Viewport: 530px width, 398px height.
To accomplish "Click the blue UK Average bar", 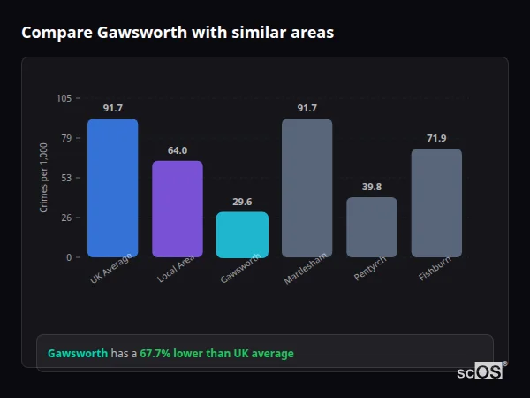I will click(x=112, y=188).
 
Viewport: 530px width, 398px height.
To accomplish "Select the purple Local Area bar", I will click(x=177, y=209).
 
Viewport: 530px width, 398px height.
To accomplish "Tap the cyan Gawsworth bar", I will click(x=242, y=234).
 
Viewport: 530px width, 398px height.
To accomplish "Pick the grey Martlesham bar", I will click(x=307, y=188).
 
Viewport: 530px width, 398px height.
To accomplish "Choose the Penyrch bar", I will click(x=371, y=227).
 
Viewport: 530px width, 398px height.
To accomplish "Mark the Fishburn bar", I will click(x=436, y=203).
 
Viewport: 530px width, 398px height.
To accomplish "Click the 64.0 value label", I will click(x=178, y=150).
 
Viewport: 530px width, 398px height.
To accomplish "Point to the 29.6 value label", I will click(x=242, y=202).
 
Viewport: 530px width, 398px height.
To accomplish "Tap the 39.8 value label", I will click(x=372, y=187).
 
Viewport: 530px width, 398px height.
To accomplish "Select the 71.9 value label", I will click(x=436, y=138).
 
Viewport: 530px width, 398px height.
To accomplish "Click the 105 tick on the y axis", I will click(x=64, y=98).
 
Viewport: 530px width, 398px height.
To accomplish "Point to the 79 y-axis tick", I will click(x=66, y=138).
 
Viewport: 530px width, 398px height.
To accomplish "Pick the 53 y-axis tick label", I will click(x=66, y=178).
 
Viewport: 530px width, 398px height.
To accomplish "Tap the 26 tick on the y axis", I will click(x=66, y=218).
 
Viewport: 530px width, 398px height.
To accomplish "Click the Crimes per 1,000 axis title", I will click(x=44, y=178).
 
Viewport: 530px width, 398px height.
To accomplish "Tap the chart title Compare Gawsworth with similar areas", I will click(x=178, y=33).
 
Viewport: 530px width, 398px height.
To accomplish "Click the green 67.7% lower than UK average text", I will click(x=216, y=354).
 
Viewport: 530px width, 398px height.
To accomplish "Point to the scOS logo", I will click(x=481, y=371).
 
